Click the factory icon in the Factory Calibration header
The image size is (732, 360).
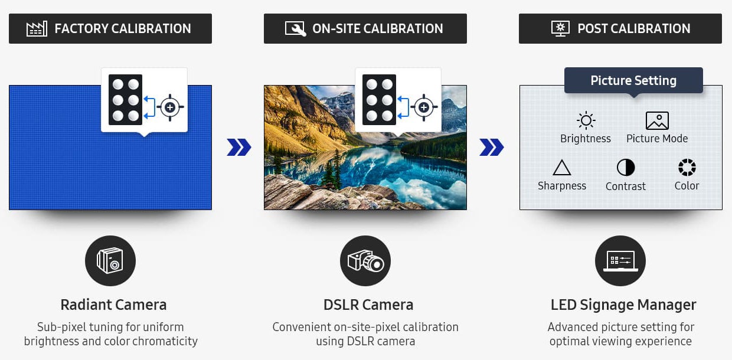click(37, 28)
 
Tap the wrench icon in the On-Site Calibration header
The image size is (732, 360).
click(295, 28)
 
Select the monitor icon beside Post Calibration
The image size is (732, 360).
click(560, 28)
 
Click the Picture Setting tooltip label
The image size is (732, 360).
click(633, 80)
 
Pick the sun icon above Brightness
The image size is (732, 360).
click(586, 120)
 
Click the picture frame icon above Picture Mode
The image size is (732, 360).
click(657, 120)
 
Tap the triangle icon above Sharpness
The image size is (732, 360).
click(562, 168)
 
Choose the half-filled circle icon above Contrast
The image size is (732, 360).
click(626, 168)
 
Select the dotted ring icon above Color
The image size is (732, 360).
click(687, 167)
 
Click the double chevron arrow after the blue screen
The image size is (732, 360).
click(239, 148)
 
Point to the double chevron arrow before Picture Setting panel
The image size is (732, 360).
click(492, 148)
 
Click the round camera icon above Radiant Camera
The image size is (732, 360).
click(110, 261)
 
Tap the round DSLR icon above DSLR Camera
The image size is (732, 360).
click(365, 261)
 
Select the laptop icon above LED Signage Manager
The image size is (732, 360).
click(620, 261)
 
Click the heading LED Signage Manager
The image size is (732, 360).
click(623, 305)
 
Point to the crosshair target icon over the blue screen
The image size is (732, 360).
click(170, 107)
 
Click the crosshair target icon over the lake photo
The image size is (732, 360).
click(424, 107)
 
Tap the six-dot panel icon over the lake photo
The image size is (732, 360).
click(379, 100)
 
